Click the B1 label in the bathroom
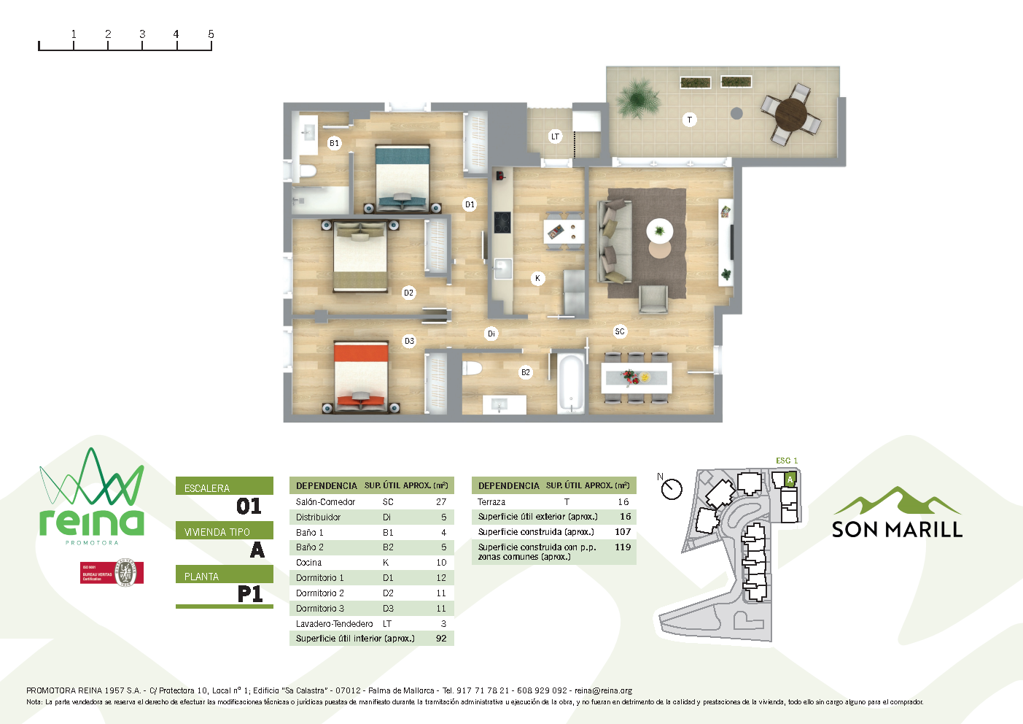[x=334, y=143]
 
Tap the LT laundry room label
[x=555, y=136]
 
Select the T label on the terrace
[x=689, y=120]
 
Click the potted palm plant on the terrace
[x=638, y=97]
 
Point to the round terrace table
[x=791, y=114]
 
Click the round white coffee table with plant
[x=660, y=232]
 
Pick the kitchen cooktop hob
[x=502, y=222]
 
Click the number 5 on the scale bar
[x=211, y=34]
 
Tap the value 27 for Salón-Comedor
[x=441, y=502]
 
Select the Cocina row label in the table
[x=309, y=563]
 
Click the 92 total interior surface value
[x=441, y=639]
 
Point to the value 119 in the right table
[x=623, y=547]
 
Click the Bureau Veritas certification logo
[x=112, y=573]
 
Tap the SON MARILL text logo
[x=897, y=529]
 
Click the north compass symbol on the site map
[x=671, y=488]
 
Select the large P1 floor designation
[x=250, y=594]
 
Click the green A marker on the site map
[x=790, y=480]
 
